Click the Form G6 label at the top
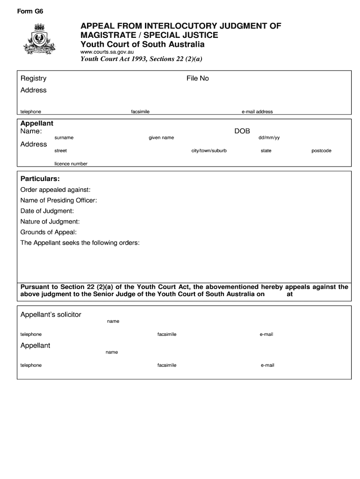click(30, 12)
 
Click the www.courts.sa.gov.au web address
click(108, 52)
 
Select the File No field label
click(197, 79)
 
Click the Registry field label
click(33, 79)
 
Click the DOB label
click(242, 131)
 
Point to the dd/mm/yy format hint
click(269, 138)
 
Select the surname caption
click(64, 138)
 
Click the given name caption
click(161, 138)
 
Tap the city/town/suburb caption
click(209, 151)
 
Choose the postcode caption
click(321, 151)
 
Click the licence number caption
click(71, 164)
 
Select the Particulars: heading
click(40, 179)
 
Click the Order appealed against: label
click(55, 190)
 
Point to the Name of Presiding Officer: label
click(58, 201)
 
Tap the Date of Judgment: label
click(47, 211)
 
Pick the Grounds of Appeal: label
click(48, 232)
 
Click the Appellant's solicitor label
click(50, 315)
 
